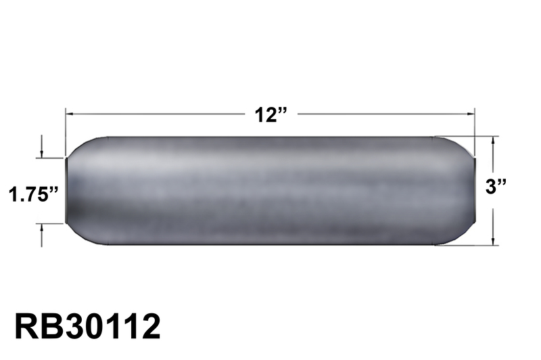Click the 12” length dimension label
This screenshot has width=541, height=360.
270,114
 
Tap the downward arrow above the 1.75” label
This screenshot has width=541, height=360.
42,154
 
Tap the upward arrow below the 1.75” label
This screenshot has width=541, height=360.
42,227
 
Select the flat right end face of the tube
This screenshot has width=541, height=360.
475,190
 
